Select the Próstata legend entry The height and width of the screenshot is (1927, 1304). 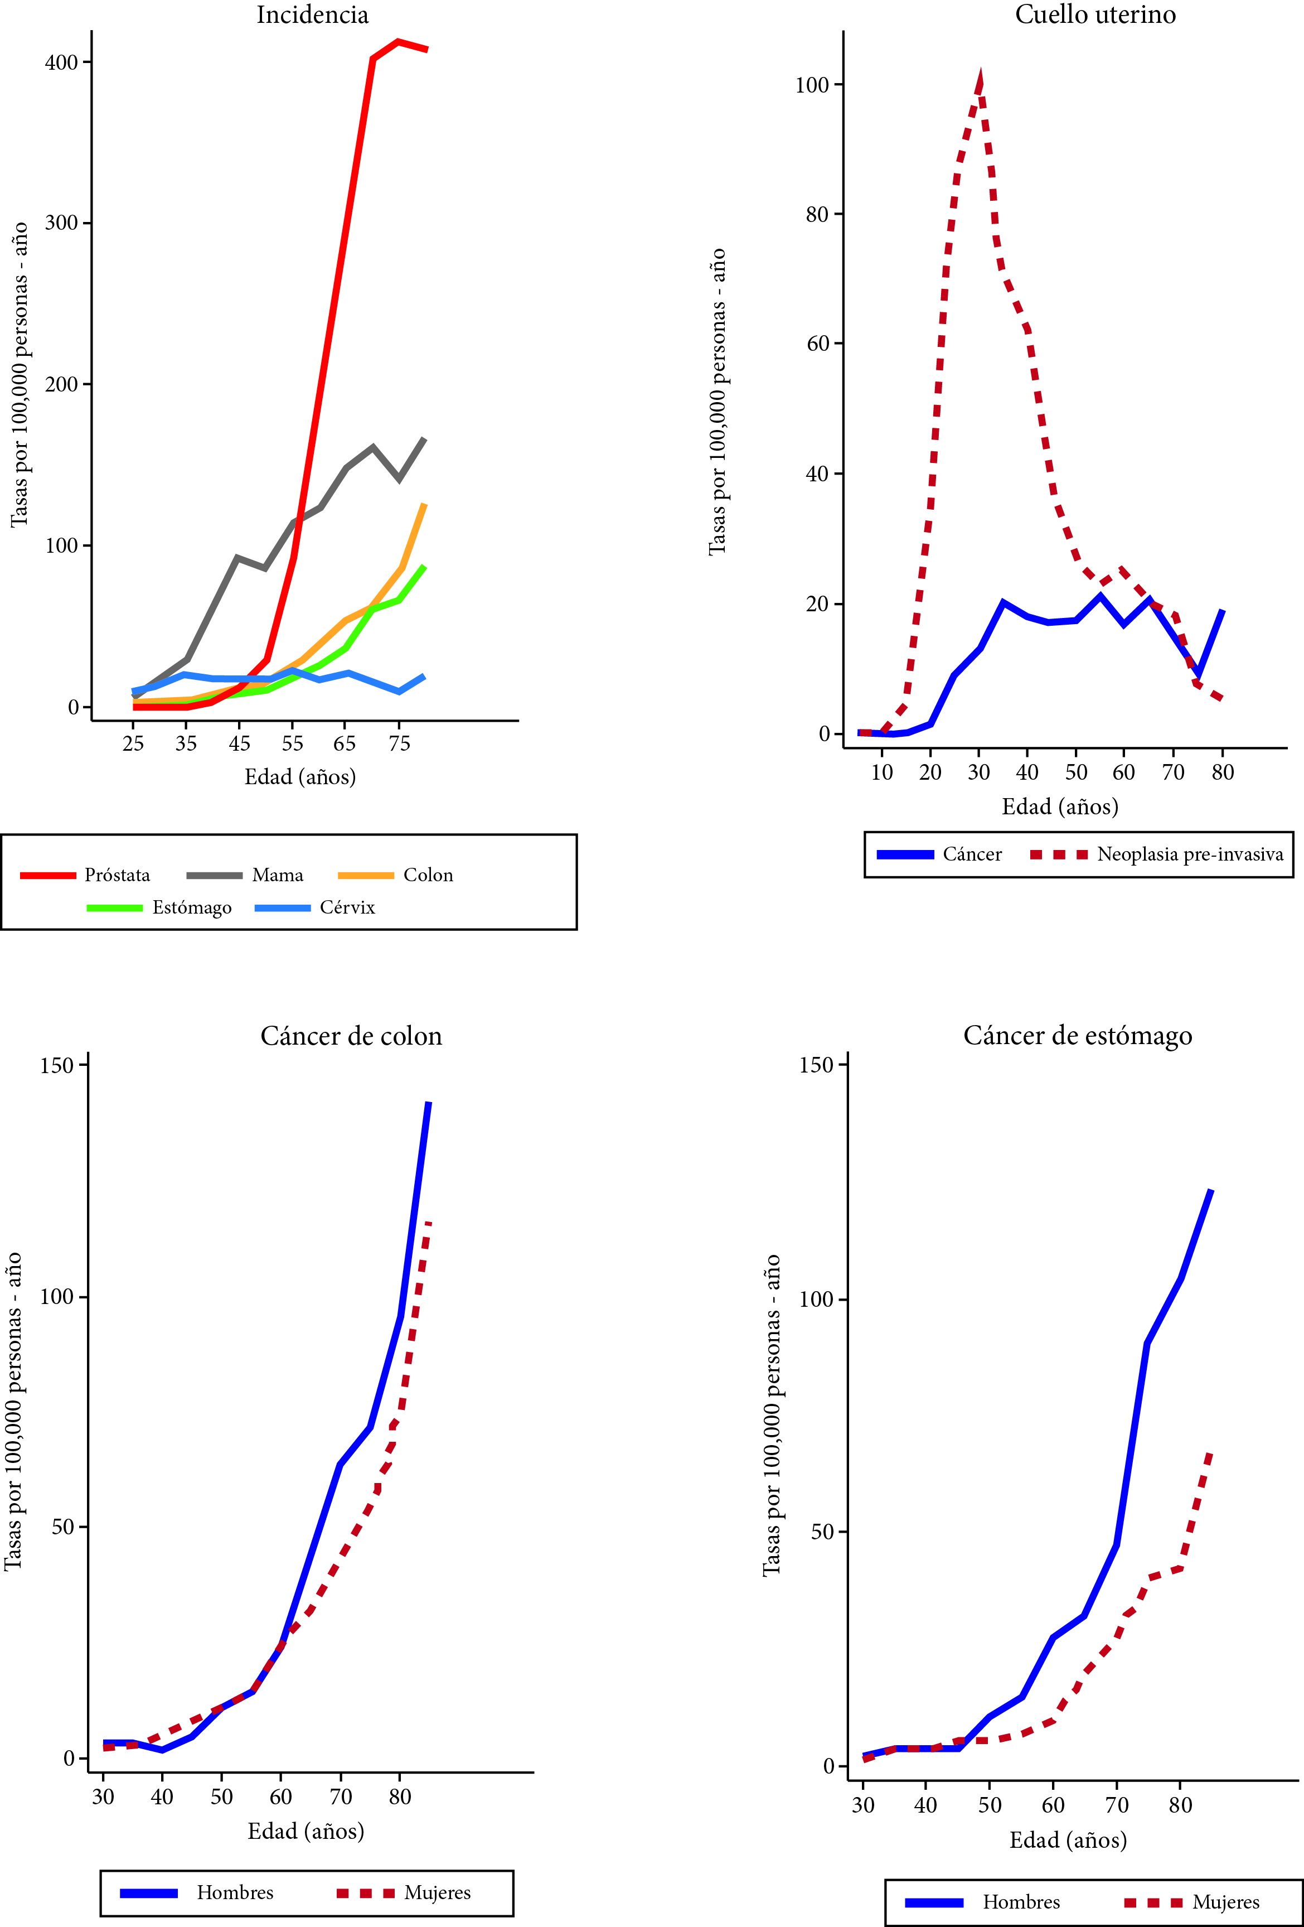click(117, 875)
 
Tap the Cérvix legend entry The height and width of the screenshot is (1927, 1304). click(347, 907)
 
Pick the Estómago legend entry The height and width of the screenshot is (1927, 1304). click(191, 907)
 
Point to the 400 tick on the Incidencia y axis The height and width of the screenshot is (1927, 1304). click(61, 62)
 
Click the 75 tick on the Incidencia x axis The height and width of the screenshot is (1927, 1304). click(400, 744)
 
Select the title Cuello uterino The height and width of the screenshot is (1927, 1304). click(1094, 15)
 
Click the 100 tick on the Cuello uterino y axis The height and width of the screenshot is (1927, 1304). click(812, 85)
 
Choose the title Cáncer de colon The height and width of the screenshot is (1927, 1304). click(351, 1036)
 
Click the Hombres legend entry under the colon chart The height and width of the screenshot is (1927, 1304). click(235, 1892)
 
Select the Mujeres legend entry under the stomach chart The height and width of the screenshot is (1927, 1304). click(1225, 1901)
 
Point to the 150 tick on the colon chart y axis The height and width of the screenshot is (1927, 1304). click(57, 1065)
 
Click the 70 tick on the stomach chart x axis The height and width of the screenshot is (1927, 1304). click(1117, 1805)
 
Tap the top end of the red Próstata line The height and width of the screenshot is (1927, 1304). click(399, 41)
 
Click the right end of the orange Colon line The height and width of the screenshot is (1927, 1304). click(425, 504)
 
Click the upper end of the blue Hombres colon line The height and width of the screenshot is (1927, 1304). click(429, 1103)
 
